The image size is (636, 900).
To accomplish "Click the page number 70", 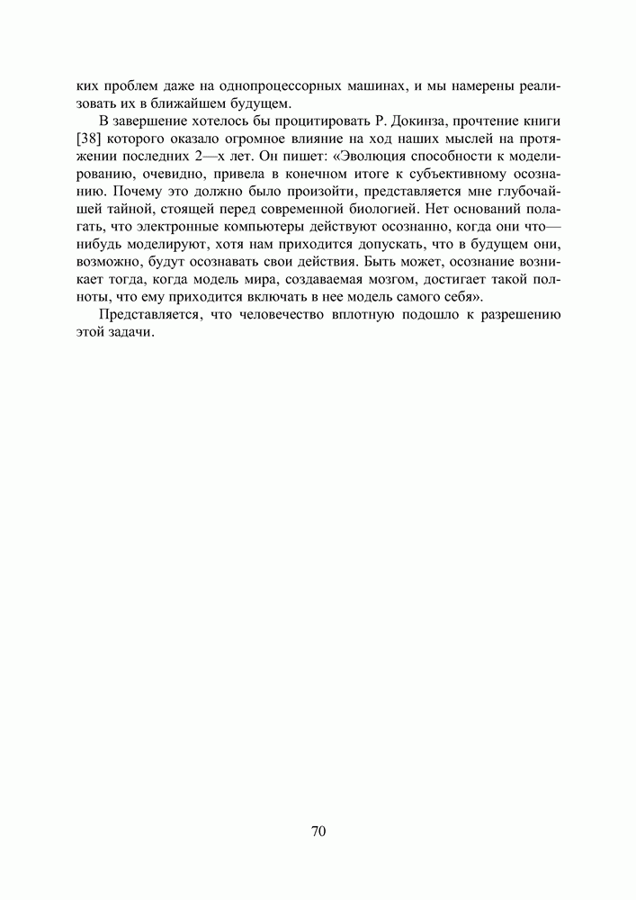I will [x=318, y=831].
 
